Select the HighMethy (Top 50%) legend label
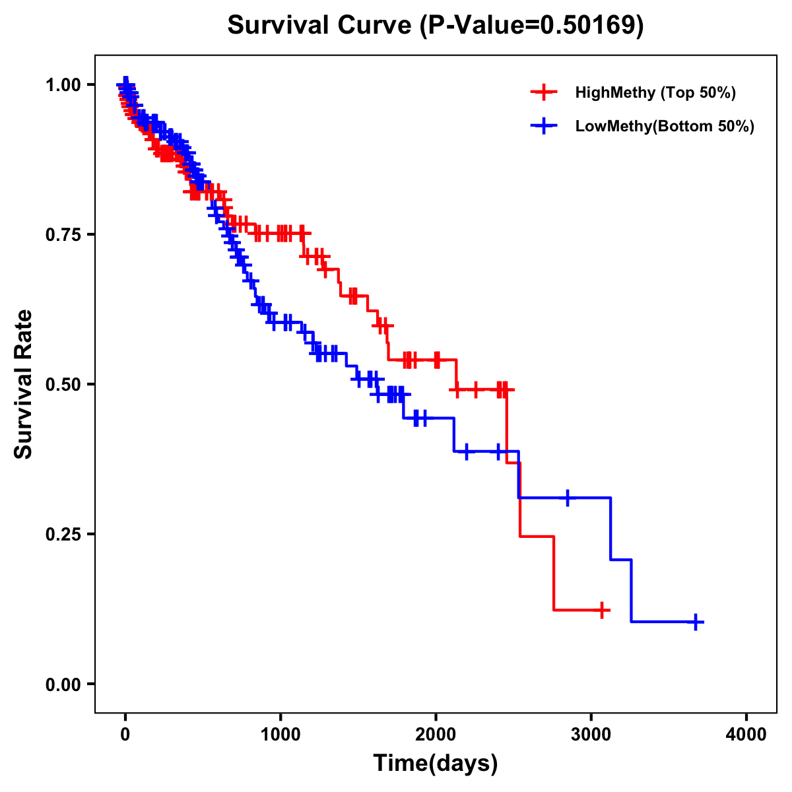point(655,92)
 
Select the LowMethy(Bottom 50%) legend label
point(665,127)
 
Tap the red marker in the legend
point(544,92)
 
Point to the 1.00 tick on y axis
point(63,84)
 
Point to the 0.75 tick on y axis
point(63,234)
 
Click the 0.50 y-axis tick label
point(63,384)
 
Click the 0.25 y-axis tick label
point(63,534)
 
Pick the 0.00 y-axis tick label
point(63,684)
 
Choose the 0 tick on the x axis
point(125,735)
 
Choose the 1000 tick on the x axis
point(280,735)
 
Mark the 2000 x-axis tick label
point(436,735)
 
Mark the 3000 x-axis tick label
point(591,735)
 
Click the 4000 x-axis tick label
point(746,735)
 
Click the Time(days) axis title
point(436,764)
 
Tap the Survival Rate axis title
point(24,384)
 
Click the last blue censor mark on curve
point(696,622)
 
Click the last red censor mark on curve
point(601,610)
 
